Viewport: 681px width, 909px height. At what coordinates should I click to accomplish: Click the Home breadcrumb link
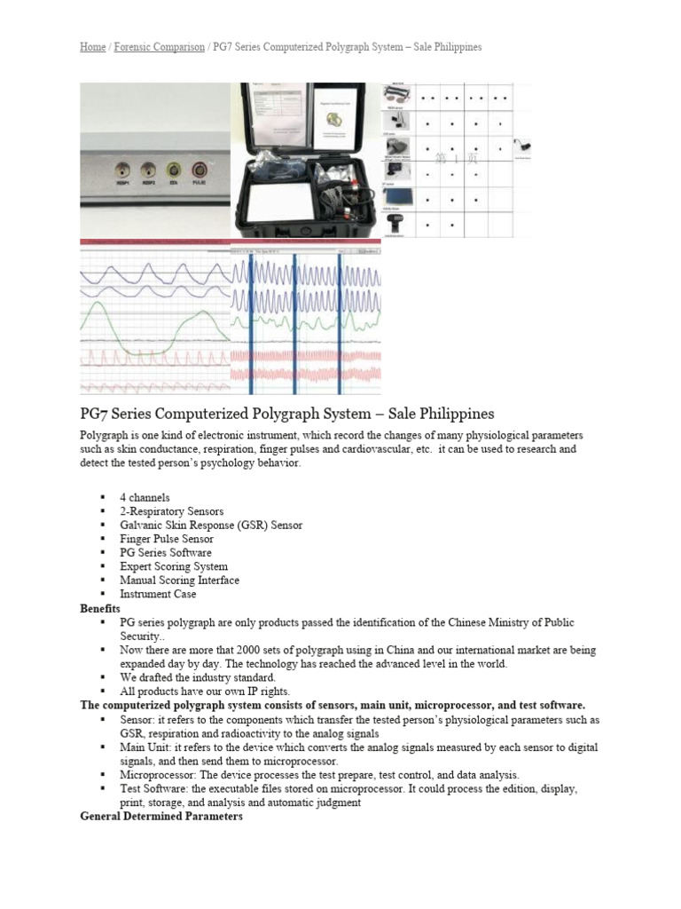(x=92, y=46)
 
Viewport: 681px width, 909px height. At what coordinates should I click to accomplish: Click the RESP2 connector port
(x=147, y=167)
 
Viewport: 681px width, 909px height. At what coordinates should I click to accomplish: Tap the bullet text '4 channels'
(x=145, y=498)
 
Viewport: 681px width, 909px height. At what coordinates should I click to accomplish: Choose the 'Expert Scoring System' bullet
(x=174, y=566)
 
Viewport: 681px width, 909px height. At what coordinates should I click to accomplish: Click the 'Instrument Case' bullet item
(x=158, y=594)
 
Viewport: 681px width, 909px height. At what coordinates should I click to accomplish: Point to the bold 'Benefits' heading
(x=99, y=608)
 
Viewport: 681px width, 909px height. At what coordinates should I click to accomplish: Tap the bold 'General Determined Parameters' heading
(x=161, y=816)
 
